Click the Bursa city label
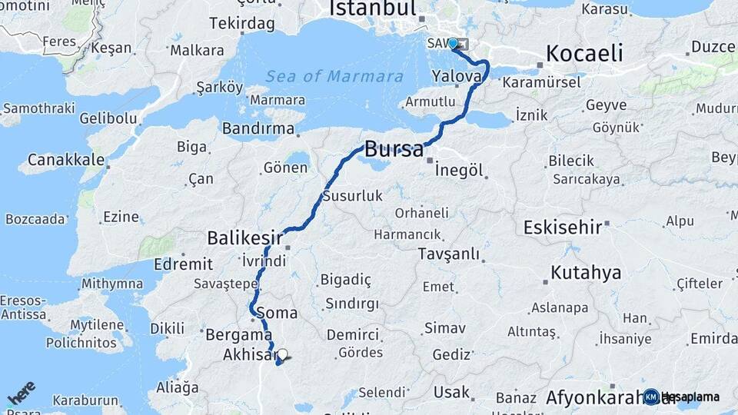click(394, 149)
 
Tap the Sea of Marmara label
click(334, 77)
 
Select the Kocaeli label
click(584, 53)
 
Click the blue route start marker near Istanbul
click(453, 44)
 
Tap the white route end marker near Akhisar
click(283, 355)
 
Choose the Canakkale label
click(66, 160)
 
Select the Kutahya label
click(586, 273)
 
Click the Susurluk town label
click(352, 196)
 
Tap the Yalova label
click(457, 76)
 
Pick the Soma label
click(277, 313)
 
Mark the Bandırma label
click(259, 128)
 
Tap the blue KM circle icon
click(651, 397)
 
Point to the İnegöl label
click(459, 169)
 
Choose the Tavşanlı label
click(449, 254)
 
